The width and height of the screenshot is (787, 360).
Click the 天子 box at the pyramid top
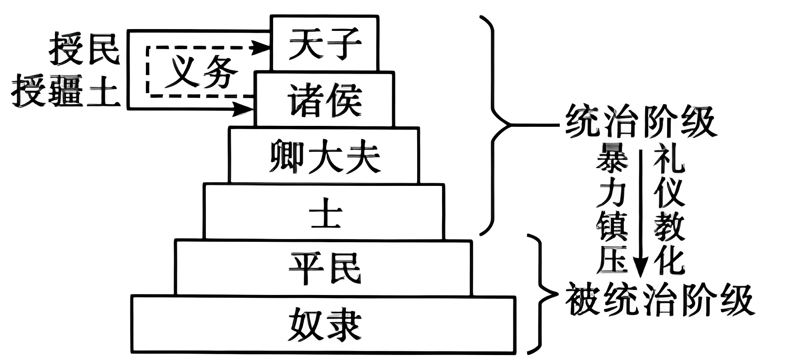(324, 43)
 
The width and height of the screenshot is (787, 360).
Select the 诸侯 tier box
(324, 99)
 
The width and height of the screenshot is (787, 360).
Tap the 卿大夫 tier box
(324, 155)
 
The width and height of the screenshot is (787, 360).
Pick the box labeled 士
(324, 212)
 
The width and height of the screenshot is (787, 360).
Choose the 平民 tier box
(324, 268)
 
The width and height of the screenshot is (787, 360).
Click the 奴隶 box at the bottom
(324, 325)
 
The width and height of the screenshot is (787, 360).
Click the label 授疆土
(66, 91)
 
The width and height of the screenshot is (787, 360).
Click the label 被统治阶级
(659, 300)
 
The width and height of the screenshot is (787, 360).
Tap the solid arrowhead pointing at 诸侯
(245, 108)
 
